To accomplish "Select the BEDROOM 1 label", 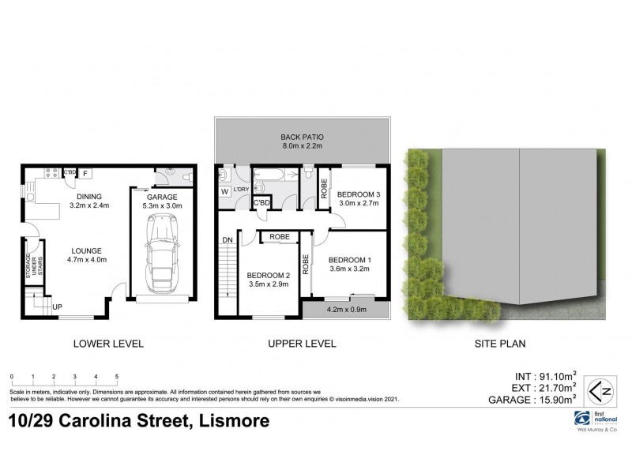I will point(348,260).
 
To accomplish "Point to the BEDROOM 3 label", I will point(359,194).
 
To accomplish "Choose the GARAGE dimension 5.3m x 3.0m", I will point(162,207).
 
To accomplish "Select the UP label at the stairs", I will point(57,306).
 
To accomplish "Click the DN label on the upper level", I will point(227,240).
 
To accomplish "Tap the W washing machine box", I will point(225,191).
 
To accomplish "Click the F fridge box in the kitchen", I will point(85,172).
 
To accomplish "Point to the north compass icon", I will point(604,389).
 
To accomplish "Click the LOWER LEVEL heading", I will point(107,344).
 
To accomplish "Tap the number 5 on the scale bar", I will point(117,378).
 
